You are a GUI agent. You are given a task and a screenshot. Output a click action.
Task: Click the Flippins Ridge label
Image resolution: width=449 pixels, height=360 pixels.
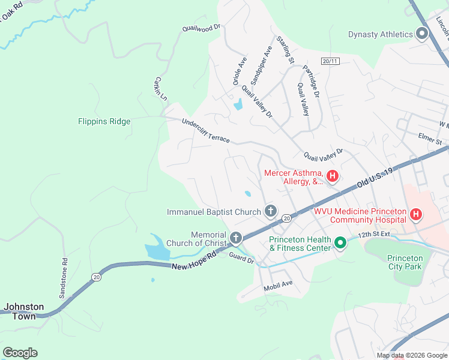pyautogui.click(x=104, y=121)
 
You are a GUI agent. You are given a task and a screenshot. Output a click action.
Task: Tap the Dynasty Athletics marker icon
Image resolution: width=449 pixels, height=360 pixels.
pyautogui.click(x=421, y=34)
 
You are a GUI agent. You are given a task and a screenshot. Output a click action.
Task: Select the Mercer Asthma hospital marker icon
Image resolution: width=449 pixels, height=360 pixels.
pyautogui.click(x=332, y=176)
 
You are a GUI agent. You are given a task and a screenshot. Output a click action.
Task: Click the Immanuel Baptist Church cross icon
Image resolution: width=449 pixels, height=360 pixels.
pyautogui.click(x=271, y=211)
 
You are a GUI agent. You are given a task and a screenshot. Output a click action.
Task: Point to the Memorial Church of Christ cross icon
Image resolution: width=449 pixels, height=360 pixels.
pyautogui.click(x=236, y=239)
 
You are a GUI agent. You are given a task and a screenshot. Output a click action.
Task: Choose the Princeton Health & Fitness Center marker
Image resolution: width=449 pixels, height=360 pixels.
pyautogui.click(x=340, y=243)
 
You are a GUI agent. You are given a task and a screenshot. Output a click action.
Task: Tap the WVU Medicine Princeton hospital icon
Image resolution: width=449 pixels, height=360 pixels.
pyautogui.click(x=415, y=214)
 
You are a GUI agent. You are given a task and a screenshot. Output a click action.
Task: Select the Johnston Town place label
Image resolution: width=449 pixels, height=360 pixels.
pyautogui.click(x=24, y=311)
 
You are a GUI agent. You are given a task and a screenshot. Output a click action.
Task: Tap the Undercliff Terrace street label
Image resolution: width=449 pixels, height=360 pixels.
pyautogui.click(x=206, y=130)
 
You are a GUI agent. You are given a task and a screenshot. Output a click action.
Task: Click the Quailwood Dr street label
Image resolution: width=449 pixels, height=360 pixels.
pyautogui.click(x=202, y=28)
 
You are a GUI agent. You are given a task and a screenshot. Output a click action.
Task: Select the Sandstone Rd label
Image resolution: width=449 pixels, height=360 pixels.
pyautogui.click(x=64, y=278)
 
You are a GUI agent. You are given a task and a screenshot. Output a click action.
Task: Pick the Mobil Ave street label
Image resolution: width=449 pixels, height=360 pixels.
pyautogui.click(x=278, y=287)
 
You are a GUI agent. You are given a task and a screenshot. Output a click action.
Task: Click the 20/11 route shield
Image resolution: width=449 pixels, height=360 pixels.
pyautogui.click(x=330, y=61)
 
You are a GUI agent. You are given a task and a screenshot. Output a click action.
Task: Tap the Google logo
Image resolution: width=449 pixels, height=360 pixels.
pyautogui.click(x=20, y=353)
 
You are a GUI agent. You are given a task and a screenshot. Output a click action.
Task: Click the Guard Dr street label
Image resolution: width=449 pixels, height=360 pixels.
pyautogui.click(x=241, y=258)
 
